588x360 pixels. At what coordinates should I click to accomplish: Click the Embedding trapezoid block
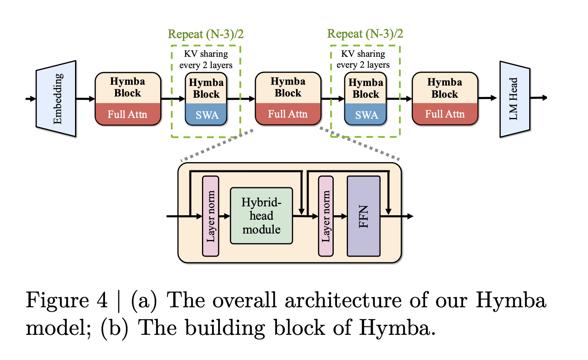coord(56,99)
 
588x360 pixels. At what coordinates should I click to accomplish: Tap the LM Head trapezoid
coord(515,99)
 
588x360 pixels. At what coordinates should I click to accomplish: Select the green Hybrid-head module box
coord(262,216)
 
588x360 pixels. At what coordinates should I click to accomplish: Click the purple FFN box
coord(364,216)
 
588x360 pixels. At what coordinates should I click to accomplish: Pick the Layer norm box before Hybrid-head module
coord(210,216)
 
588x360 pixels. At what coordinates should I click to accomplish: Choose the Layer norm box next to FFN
coord(326,216)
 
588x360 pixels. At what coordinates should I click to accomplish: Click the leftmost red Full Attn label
coord(128,114)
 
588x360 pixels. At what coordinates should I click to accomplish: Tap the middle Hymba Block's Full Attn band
coord(288,114)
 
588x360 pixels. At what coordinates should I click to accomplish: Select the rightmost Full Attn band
coord(445,114)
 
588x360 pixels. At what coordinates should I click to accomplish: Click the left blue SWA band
coord(206,114)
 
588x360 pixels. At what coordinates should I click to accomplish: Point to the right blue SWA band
coord(365,114)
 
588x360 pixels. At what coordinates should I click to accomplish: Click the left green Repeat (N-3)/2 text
coord(206,34)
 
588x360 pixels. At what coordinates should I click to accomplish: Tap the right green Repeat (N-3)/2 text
coord(365,34)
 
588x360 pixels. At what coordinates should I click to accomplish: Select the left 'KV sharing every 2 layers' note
coord(206,59)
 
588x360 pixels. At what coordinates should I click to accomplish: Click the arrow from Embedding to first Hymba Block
coord(86,99)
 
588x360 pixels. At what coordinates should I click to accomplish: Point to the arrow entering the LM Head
coord(487,98)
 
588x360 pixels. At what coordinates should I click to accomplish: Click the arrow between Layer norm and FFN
coord(340,216)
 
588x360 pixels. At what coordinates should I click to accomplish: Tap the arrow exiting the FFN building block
coord(397,216)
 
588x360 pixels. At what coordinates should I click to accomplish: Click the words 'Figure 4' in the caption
coord(67,300)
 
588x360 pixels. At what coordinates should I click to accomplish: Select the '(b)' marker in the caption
coord(115,328)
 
